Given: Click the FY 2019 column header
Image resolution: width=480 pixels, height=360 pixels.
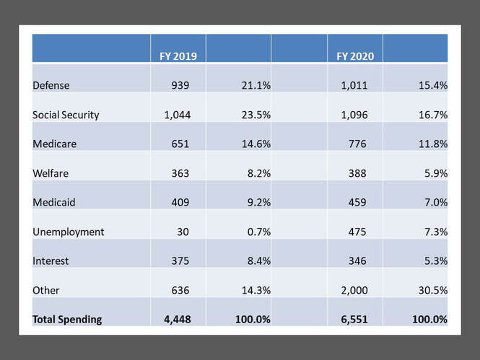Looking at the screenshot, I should pos(175,56).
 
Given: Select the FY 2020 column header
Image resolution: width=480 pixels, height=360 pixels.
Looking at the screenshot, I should pos(353,56).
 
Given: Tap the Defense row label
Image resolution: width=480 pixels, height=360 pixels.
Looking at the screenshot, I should pos(51,86).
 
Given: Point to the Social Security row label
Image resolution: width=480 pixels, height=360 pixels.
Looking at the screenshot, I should pos(66,115).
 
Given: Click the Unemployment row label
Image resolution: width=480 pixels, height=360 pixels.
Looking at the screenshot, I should pos(69,232).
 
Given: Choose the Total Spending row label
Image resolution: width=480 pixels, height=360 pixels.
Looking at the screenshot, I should pos(67,320).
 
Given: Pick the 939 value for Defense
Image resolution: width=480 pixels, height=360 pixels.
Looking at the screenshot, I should pos(179,86).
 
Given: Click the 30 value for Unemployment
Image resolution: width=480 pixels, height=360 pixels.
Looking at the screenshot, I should pos(183,232).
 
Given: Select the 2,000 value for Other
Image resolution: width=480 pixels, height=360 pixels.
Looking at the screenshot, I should pos(353,291).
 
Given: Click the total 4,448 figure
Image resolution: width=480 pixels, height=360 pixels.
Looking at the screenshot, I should pos(173,320).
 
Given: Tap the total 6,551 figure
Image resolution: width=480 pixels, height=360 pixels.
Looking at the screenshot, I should pos(352,320).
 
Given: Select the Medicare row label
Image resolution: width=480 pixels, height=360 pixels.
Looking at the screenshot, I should pos(56,144).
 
